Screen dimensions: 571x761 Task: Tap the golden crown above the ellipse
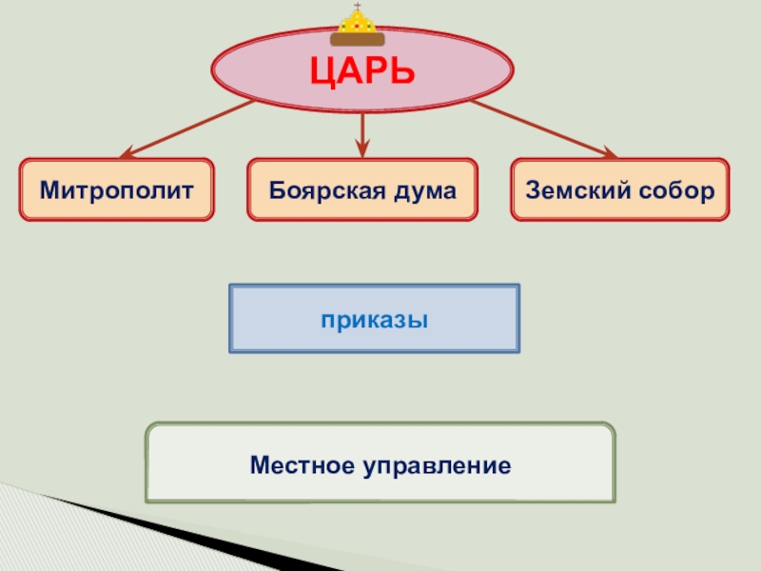pyautogui.click(x=358, y=27)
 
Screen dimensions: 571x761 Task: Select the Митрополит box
pyautogui.click(x=116, y=190)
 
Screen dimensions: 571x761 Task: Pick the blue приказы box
pyautogui.click(x=374, y=319)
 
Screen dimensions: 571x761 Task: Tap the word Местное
pyautogui.click(x=302, y=465)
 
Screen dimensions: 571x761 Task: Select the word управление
pyautogui.click(x=437, y=466)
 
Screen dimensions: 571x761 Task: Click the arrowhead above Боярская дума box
pyautogui.click(x=361, y=148)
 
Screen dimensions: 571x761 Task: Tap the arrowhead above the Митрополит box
pyautogui.click(x=127, y=152)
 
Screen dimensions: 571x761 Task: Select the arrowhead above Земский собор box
pyautogui.click(x=608, y=152)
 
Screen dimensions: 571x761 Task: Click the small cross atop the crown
pyautogui.click(x=358, y=8)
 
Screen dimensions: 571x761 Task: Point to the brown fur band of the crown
pyautogui.click(x=358, y=40)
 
